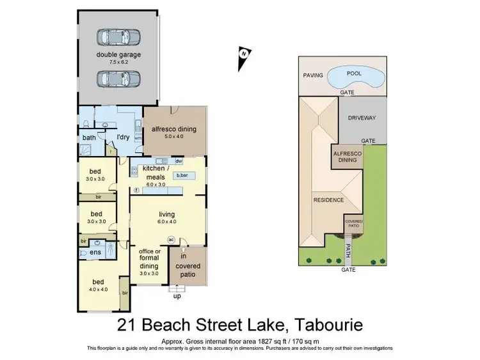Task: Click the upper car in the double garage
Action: click(x=118, y=37)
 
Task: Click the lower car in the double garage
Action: click(x=118, y=78)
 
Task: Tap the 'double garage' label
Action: click(x=118, y=55)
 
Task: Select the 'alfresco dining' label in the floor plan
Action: click(x=173, y=129)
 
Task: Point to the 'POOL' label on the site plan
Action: click(x=353, y=74)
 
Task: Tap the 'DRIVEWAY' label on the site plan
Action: click(x=362, y=118)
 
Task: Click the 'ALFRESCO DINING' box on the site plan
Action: click(x=346, y=157)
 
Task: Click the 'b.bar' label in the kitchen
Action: click(x=182, y=175)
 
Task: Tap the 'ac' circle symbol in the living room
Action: click(x=171, y=239)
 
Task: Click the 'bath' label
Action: click(x=88, y=137)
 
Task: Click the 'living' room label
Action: click(x=168, y=215)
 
